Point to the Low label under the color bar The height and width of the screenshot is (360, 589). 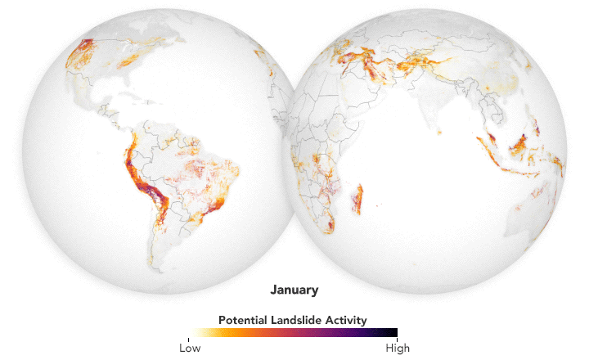point(189,346)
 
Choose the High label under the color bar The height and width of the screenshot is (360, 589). point(398,346)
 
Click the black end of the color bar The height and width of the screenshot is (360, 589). point(393,332)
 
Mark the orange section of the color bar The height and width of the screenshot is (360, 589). point(241,332)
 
